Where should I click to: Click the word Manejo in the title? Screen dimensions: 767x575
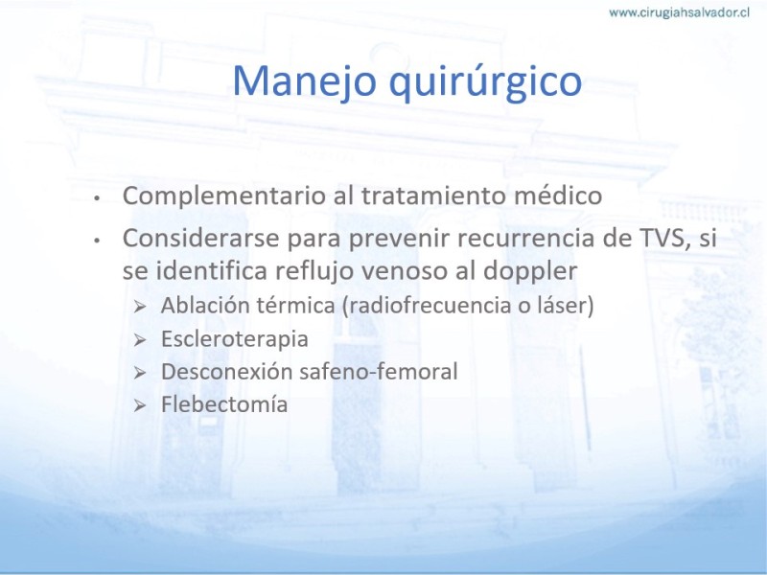point(304,81)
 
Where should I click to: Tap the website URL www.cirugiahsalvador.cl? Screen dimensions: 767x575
point(679,12)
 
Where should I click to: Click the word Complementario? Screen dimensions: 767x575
point(224,196)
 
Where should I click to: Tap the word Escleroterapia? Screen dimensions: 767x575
point(235,339)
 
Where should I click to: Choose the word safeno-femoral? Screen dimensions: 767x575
point(379,372)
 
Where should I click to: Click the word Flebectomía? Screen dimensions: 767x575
point(224,404)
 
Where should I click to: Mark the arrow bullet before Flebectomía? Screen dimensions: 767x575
point(140,405)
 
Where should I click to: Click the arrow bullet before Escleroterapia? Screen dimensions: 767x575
point(140,340)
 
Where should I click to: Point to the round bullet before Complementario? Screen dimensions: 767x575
point(98,198)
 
